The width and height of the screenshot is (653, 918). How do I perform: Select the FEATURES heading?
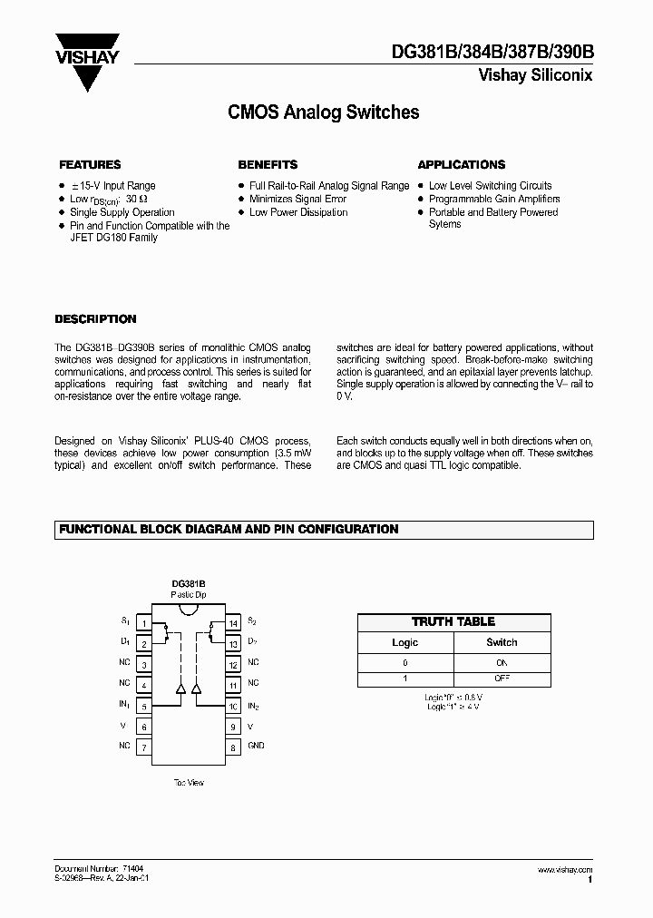[x=90, y=165]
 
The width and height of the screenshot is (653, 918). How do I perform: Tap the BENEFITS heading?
[x=268, y=165]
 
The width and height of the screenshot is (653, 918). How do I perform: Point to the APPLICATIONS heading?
[x=461, y=165]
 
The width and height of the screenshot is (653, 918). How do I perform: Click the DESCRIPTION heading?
[x=95, y=319]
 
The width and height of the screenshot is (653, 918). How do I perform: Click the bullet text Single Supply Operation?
[x=122, y=212]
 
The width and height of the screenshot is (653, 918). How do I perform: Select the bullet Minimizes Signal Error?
[x=297, y=199]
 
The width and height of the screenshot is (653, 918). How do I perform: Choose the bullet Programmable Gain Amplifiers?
[x=494, y=199]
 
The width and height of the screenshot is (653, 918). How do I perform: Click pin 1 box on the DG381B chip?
[x=143, y=623]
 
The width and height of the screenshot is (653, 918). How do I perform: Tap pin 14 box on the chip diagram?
[x=232, y=623]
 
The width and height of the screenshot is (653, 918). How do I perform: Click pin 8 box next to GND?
[x=232, y=747]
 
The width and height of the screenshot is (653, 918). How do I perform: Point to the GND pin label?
[x=257, y=747]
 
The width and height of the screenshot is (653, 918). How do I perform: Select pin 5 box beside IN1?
[x=143, y=706]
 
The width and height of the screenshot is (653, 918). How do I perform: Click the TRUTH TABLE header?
[x=453, y=621]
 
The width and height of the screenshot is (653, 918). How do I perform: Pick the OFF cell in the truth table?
[x=502, y=679]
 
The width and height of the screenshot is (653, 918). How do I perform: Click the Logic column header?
[x=404, y=642]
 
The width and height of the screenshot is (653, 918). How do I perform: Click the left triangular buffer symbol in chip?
[x=180, y=689]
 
